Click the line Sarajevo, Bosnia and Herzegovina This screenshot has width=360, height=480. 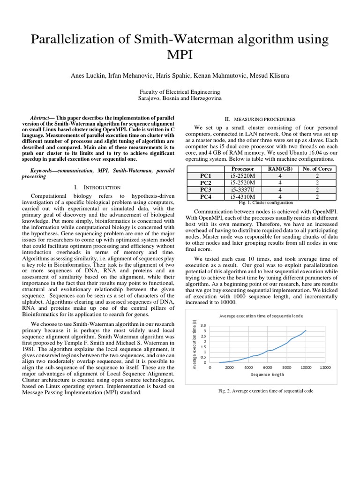[x=180, y=99]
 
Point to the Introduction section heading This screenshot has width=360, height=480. [x=104, y=187]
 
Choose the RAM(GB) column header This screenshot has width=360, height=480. [x=280, y=169]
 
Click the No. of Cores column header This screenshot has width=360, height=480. [x=317, y=169]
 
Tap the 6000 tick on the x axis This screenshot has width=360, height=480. [x=267, y=367]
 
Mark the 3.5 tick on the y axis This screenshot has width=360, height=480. [x=203, y=325]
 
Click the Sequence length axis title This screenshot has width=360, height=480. [x=267, y=375]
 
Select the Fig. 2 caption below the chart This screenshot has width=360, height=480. [x=266, y=391]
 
